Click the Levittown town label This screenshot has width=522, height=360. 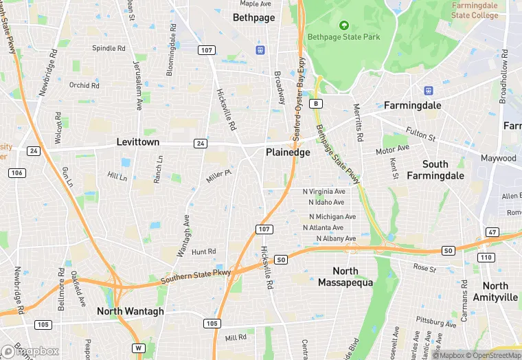137,142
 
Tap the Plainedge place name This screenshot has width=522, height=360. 288,153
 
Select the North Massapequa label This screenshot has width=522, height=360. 346,276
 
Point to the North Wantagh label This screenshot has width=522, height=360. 130,311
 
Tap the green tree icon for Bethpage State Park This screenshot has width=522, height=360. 344,26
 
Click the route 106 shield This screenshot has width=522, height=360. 18,172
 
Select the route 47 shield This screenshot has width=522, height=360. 492,232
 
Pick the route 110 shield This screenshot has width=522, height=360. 486,257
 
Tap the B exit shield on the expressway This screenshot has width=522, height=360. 315,103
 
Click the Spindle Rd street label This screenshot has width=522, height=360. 109,49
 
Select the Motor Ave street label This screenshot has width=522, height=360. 392,149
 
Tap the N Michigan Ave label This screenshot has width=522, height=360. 332,216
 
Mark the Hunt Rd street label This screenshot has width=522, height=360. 204,252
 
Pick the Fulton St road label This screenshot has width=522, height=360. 421,134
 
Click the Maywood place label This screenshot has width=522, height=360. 499,158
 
